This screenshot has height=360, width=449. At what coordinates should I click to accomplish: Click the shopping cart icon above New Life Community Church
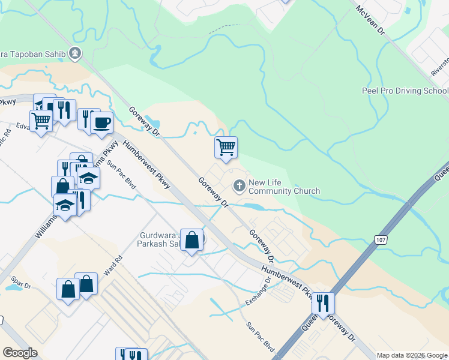click(x=226, y=147)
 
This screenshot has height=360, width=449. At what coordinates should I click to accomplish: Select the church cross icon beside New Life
click(x=239, y=185)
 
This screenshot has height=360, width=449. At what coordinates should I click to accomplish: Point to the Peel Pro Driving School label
click(x=405, y=91)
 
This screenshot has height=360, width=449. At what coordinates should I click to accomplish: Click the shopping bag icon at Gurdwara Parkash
click(x=191, y=241)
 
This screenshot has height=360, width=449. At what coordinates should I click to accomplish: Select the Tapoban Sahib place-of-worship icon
click(x=75, y=53)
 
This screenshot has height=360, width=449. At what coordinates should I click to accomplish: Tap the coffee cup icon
click(x=102, y=122)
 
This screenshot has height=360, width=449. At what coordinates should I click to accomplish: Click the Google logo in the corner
click(x=20, y=353)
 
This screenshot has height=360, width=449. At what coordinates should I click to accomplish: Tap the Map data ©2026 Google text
click(x=412, y=355)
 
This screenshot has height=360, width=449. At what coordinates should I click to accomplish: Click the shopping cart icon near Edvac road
click(x=41, y=121)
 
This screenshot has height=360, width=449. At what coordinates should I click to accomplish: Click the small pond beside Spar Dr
click(x=12, y=287)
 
